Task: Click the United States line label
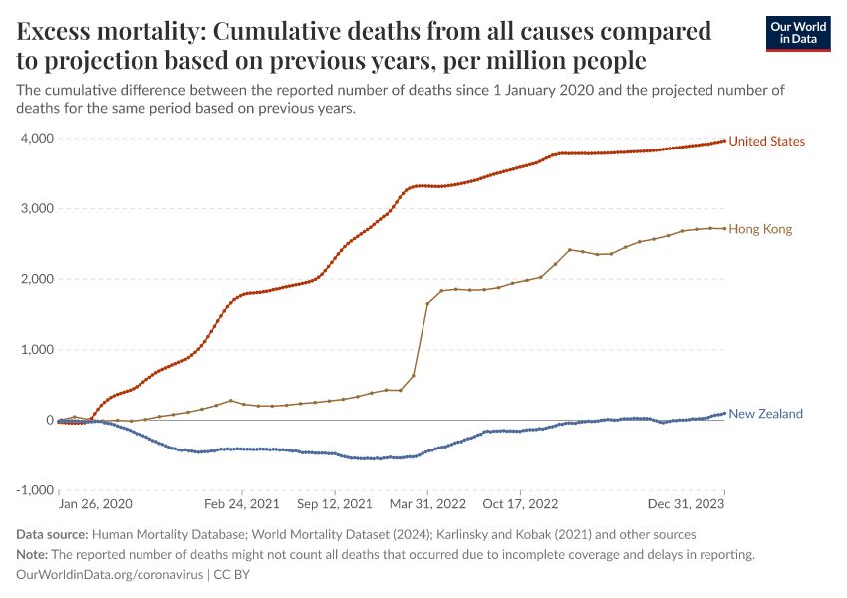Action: (x=766, y=141)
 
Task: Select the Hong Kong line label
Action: (x=760, y=229)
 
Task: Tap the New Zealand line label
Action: (x=765, y=414)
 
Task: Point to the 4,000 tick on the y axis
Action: (x=37, y=139)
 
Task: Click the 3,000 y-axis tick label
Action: (x=37, y=208)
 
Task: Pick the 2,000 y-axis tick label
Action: (x=37, y=279)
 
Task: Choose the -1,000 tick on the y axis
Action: (x=35, y=490)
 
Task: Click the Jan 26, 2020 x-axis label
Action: (x=95, y=505)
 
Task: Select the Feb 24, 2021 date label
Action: (x=242, y=505)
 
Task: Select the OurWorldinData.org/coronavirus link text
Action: (x=110, y=574)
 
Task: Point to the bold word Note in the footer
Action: (x=34, y=554)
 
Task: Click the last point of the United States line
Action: (x=724, y=141)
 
